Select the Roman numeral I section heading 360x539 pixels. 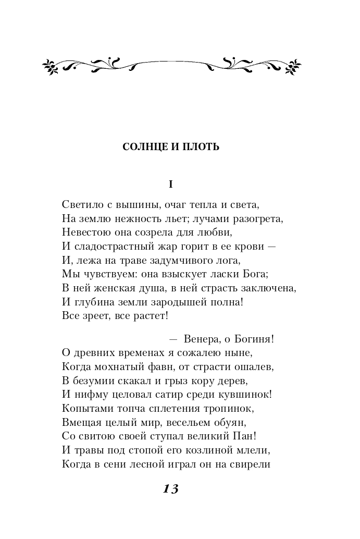tap(170, 184)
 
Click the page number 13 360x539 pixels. tap(170, 488)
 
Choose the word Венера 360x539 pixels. tap(199, 339)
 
